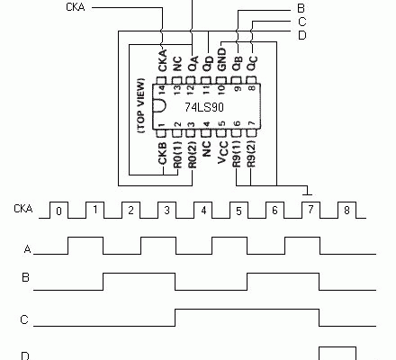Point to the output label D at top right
click(301, 34)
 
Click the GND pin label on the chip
click(222, 62)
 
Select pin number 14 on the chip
click(163, 89)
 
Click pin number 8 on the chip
click(251, 89)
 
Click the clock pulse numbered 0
click(58, 213)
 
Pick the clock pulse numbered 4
click(203, 213)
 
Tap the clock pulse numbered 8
click(347, 213)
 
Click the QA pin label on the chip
click(193, 61)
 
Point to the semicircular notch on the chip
click(160, 106)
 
